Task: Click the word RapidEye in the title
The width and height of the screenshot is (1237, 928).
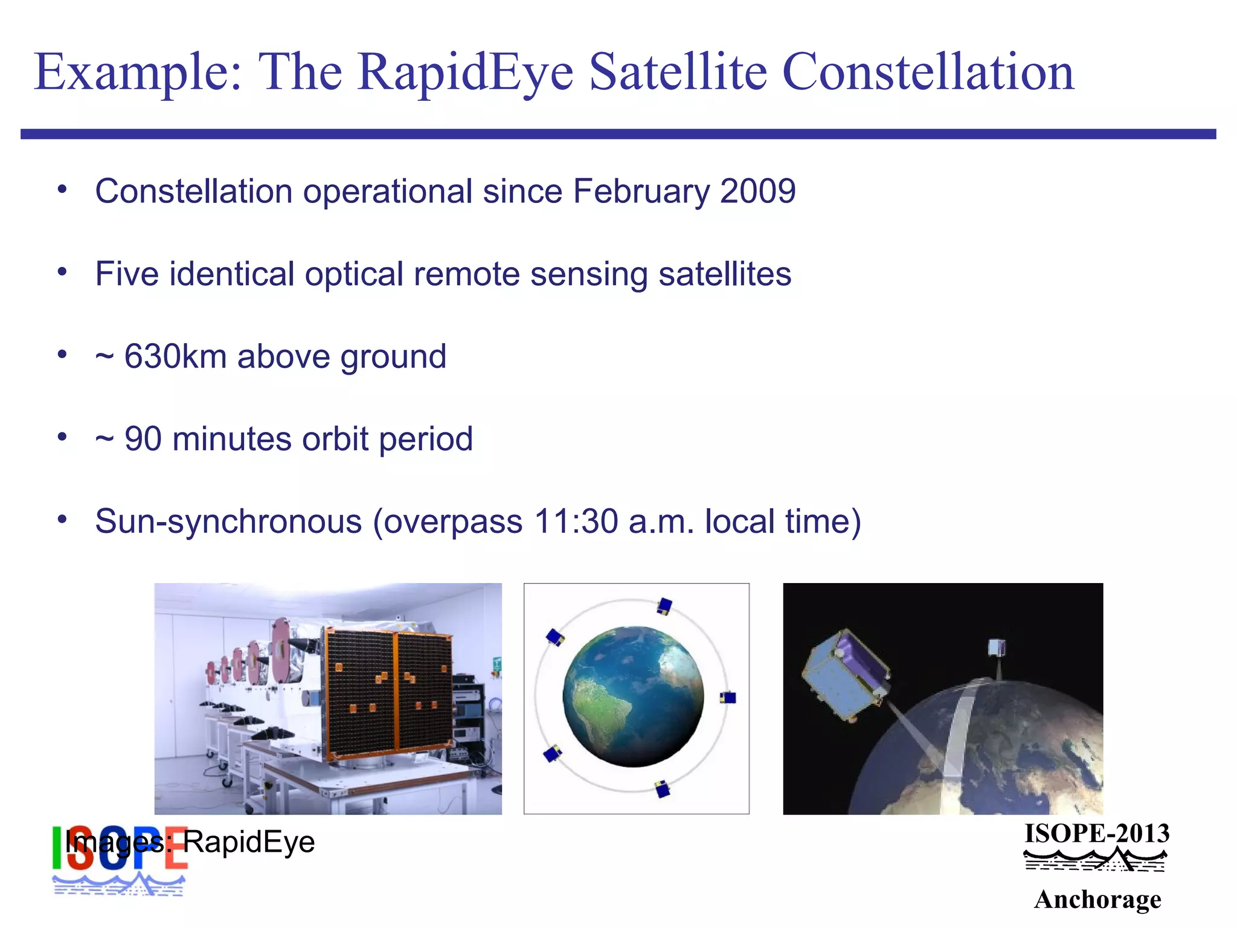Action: coord(465,72)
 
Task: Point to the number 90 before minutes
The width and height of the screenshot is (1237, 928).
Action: coord(143,439)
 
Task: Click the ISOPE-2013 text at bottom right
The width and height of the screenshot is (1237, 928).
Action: coord(1096,834)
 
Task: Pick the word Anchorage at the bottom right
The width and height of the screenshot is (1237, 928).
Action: coord(1097,899)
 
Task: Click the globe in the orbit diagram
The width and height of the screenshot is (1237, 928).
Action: coord(633,697)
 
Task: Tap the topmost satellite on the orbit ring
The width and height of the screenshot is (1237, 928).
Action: coord(664,606)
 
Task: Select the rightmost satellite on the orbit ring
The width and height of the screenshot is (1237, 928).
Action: coord(728,698)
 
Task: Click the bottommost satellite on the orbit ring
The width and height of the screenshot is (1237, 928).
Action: coord(663,789)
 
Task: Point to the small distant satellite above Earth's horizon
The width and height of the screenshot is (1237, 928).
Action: coord(997,649)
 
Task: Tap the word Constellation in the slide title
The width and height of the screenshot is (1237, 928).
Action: coord(928,72)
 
